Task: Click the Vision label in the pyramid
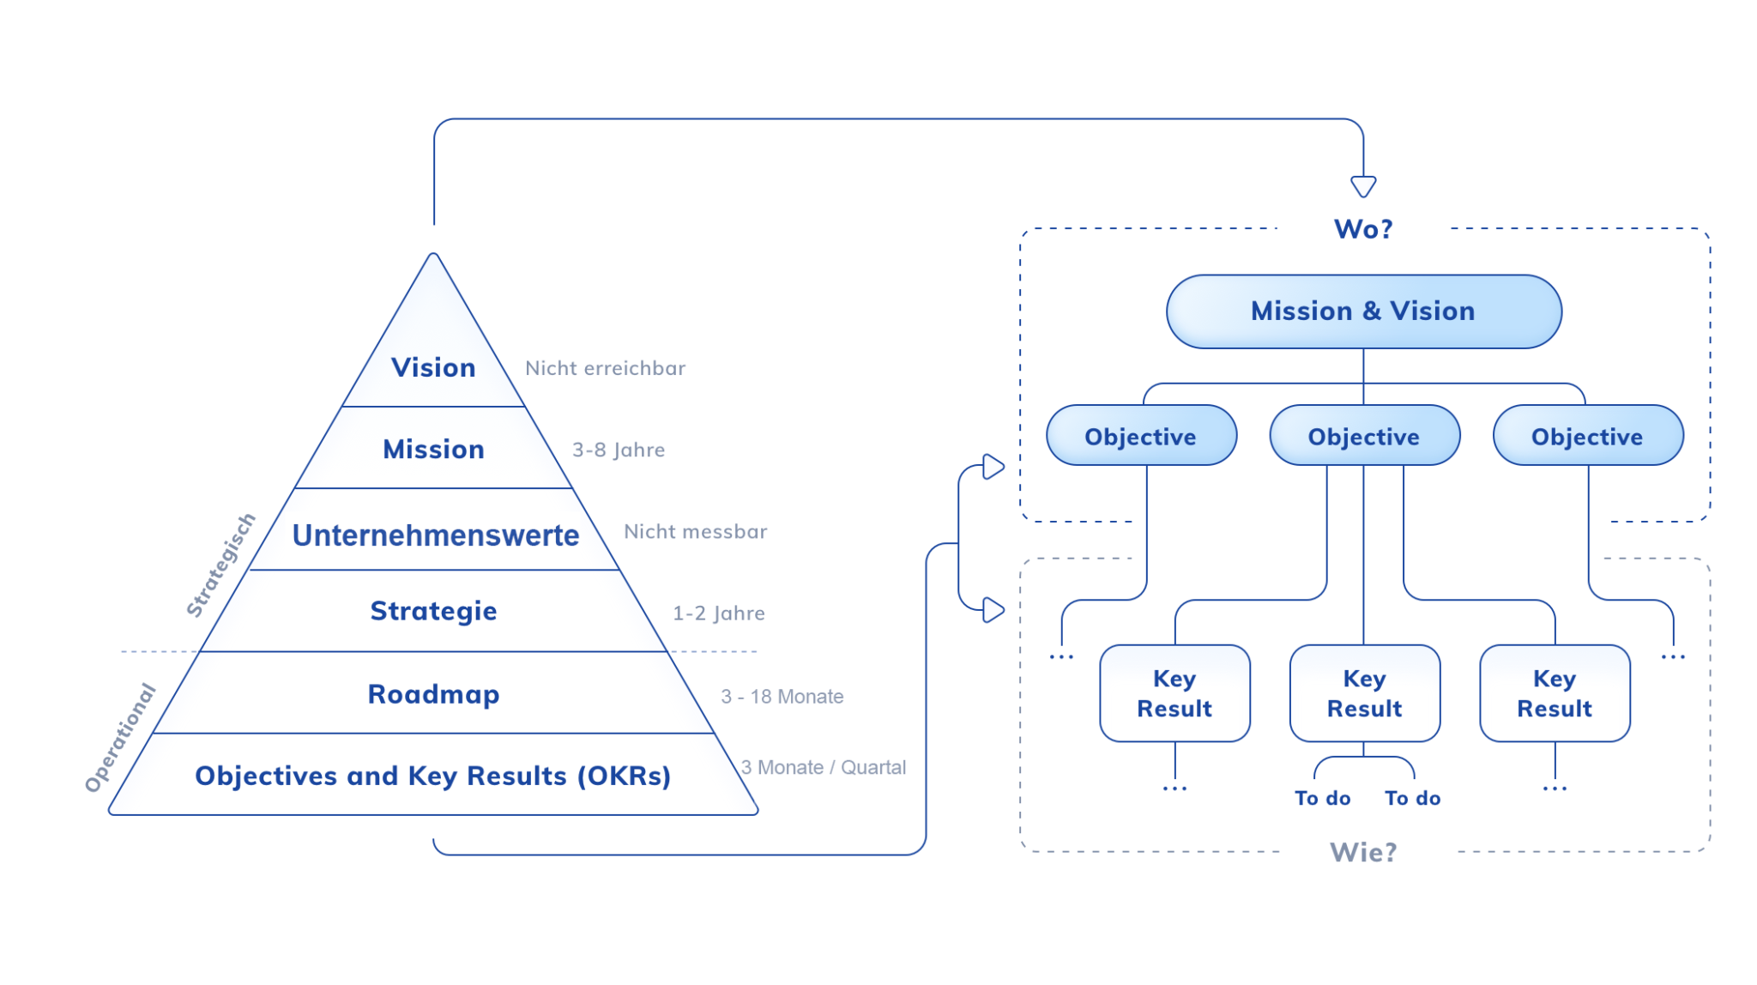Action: (x=433, y=367)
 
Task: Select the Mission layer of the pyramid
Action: (x=433, y=449)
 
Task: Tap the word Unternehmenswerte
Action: (x=435, y=535)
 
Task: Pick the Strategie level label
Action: (x=433, y=611)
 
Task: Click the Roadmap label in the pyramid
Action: (x=433, y=693)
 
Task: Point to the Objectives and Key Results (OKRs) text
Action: (x=432, y=776)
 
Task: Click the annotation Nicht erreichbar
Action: (x=605, y=368)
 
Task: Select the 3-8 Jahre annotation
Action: (x=618, y=450)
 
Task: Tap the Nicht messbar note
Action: (x=695, y=531)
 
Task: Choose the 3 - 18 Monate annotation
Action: (x=782, y=697)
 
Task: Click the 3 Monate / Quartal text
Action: (x=823, y=767)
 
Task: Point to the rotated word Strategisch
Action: (x=221, y=565)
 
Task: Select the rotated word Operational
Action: (x=120, y=737)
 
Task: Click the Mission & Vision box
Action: (x=1362, y=311)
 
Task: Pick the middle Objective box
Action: (x=1363, y=436)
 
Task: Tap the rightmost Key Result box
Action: (x=1554, y=693)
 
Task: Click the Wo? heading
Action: (x=1362, y=229)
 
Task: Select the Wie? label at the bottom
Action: (x=1362, y=852)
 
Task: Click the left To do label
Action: (x=1322, y=798)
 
